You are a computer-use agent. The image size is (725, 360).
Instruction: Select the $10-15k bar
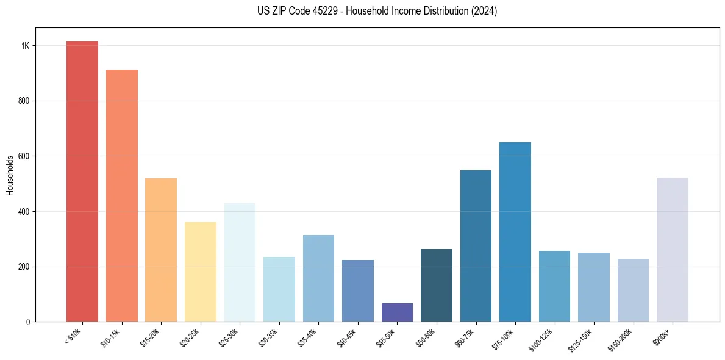coord(121,195)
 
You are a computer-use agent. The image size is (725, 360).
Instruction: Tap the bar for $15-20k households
coord(161,250)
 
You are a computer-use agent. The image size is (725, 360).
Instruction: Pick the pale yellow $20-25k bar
coord(200,272)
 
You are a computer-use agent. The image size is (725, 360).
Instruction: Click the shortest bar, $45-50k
coord(397,312)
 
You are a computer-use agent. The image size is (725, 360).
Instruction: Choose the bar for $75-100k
coord(515,232)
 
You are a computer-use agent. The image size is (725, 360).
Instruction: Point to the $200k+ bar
coord(673,250)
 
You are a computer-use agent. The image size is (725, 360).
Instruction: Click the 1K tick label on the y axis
coord(26,46)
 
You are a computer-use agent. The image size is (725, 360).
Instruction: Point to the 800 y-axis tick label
coord(24,101)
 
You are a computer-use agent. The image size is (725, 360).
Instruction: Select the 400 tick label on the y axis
coord(24,211)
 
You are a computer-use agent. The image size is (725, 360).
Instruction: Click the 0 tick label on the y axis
coord(28,322)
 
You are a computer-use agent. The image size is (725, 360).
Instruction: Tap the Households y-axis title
coord(10,175)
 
